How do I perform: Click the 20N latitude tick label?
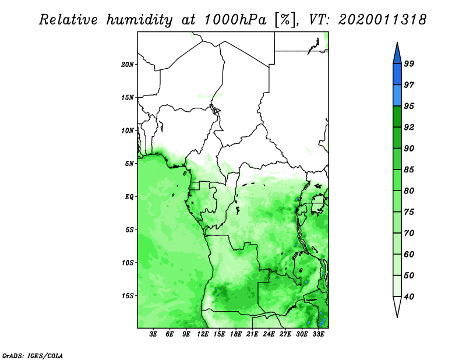click(x=127, y=65)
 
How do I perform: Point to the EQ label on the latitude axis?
click(x=129, y=197)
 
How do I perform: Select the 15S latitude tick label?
click(x=127, y=296)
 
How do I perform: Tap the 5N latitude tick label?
click(x=129, y=164)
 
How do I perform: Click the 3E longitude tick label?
click(x=153, y=334)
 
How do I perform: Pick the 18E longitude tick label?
click(x=236, y=334)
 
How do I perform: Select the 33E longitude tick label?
click(x=318, y=334)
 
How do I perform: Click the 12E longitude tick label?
click(x=203, y=334)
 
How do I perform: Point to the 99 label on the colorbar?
click(x=409, y=63)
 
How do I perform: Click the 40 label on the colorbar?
click(x=409, y=297)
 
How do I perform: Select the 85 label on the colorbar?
click(x=409, y=170)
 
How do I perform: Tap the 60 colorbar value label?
click(x=409, y=254)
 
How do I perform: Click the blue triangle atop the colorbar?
click(x=397, y=55)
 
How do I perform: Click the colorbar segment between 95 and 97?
click(x=397, y=96)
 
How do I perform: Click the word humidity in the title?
click(x=139, y=20)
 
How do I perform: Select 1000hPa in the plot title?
click(x=235, y=19)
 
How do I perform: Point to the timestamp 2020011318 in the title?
click(x=383, y=19)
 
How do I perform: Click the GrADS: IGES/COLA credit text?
click(x=33, y=356)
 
